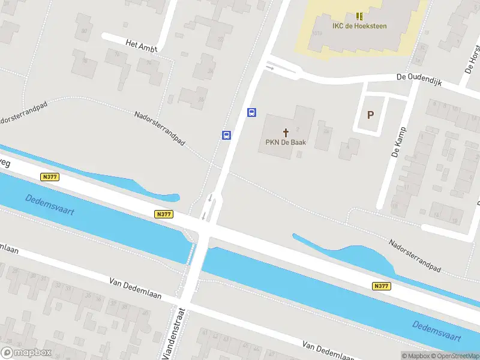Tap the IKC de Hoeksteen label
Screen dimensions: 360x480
tap(359, 26)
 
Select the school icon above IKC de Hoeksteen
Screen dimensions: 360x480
tap(359, 16)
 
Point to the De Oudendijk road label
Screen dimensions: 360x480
tap(419, 80)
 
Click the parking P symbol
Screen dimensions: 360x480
tap(370, 115)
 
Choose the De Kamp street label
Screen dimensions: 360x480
tap(399, 142)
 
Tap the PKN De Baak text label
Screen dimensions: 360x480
tap(286, 143)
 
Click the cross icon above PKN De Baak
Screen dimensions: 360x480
tap(286, 132)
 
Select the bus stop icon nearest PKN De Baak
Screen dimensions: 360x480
tap(252, 112)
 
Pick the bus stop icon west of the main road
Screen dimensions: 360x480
tap(226, 135)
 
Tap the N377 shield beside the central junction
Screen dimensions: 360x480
tap(163, 214)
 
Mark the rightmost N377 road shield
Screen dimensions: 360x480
tap(382, 286)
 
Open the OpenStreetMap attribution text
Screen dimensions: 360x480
tap(454, 356)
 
